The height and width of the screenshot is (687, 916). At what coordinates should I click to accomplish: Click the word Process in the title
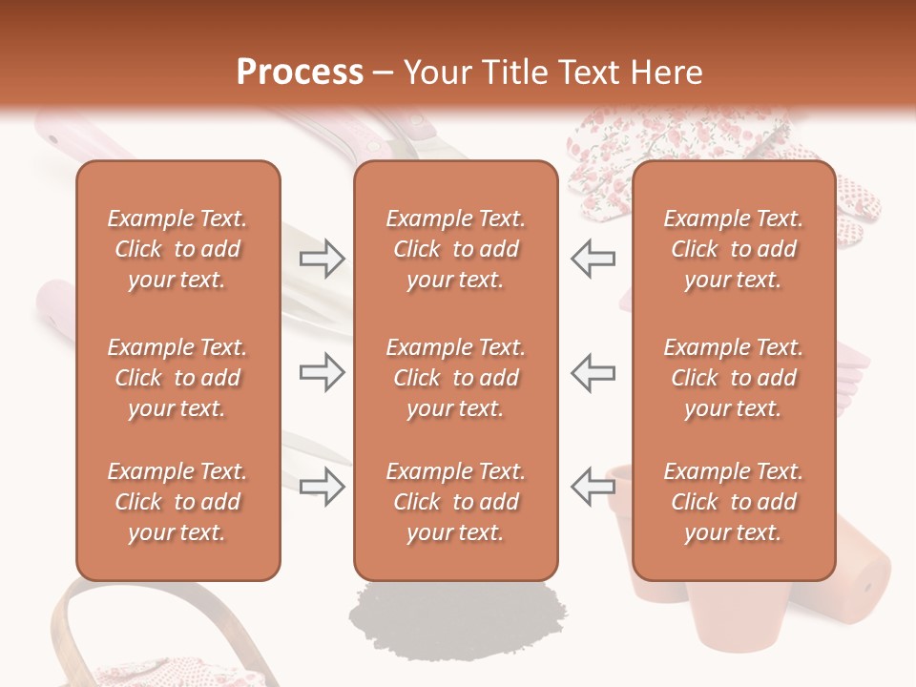300,73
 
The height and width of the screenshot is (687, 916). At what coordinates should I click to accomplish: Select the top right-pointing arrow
323,258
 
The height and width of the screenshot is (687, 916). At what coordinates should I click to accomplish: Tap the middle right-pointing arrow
323,372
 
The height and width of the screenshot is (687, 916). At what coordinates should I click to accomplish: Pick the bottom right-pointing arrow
323,487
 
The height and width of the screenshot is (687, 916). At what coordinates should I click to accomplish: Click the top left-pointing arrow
593,258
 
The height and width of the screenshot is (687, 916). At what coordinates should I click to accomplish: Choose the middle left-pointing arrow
593,372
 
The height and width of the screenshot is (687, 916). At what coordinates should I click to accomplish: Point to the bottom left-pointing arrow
593,487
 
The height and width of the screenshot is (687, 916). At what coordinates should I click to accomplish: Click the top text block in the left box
177,249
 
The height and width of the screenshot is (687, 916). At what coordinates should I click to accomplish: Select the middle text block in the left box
177,378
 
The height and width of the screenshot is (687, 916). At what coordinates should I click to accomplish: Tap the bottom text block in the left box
177,502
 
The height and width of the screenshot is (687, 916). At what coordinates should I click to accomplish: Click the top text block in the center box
456,249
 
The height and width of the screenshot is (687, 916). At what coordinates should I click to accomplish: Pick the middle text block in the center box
456,378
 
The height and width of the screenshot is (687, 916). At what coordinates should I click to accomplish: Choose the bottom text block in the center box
456,502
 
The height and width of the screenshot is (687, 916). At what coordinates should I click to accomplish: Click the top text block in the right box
734,249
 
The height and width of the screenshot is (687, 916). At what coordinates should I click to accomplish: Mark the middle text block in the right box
734,378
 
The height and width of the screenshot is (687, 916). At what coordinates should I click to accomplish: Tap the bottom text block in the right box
734,502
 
